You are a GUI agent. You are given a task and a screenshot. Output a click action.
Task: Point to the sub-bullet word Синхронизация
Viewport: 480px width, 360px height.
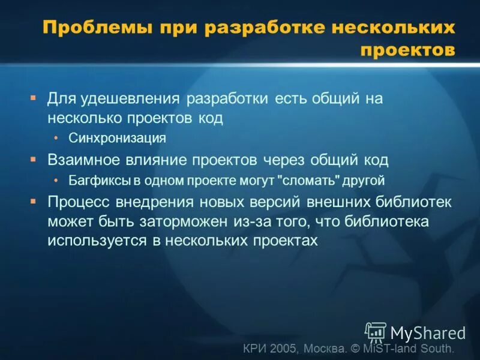[x=117, y=138]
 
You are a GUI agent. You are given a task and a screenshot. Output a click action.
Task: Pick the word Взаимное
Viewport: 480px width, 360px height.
[x=82, y=160]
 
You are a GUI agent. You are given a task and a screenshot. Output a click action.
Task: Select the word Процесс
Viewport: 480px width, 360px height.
[x=77, y=201]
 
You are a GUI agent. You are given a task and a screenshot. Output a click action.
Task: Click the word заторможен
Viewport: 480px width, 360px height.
[x=191, y=221]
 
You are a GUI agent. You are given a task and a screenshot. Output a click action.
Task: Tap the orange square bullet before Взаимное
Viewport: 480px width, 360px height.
[x=34, y=158]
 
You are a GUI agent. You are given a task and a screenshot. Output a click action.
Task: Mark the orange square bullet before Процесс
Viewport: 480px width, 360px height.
[x=34, y=200]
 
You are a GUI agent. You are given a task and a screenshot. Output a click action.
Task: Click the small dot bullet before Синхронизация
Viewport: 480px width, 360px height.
[x=56, y=138]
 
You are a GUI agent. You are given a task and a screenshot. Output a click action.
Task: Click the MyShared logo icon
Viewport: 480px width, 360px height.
[x=376, y=331]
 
